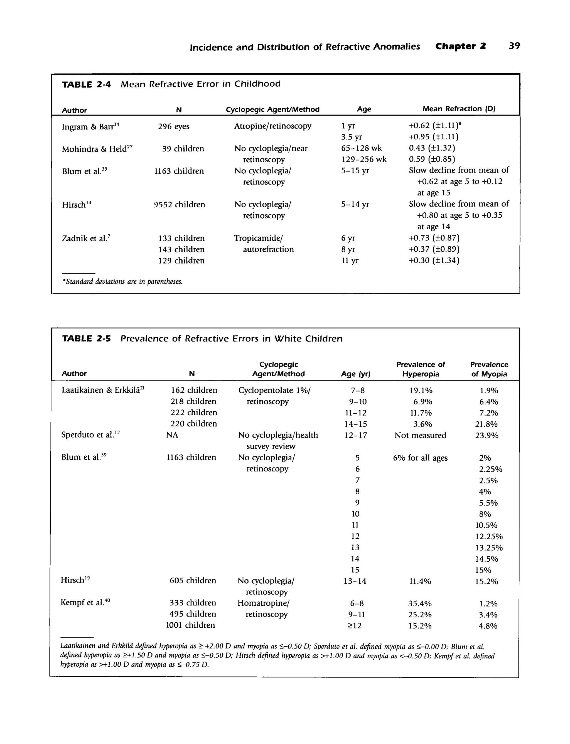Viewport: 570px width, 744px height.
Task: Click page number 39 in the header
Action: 514,46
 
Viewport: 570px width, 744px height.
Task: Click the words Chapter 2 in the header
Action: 460,46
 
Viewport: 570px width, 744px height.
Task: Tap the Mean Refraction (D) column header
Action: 459,109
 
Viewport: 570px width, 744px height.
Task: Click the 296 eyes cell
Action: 173,127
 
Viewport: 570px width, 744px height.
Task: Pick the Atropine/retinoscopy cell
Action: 272,126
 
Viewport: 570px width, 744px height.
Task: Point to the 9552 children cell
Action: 179,205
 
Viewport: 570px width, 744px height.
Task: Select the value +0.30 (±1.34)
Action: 434,261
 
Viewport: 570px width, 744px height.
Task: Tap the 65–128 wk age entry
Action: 361,148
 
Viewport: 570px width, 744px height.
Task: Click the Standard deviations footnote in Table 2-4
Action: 122,282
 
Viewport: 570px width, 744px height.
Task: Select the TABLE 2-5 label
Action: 86,338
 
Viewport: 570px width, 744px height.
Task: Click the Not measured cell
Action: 420,435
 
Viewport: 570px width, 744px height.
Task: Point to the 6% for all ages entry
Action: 420,458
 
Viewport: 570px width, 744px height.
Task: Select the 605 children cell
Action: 193,581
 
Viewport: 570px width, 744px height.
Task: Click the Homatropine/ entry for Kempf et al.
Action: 263,603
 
